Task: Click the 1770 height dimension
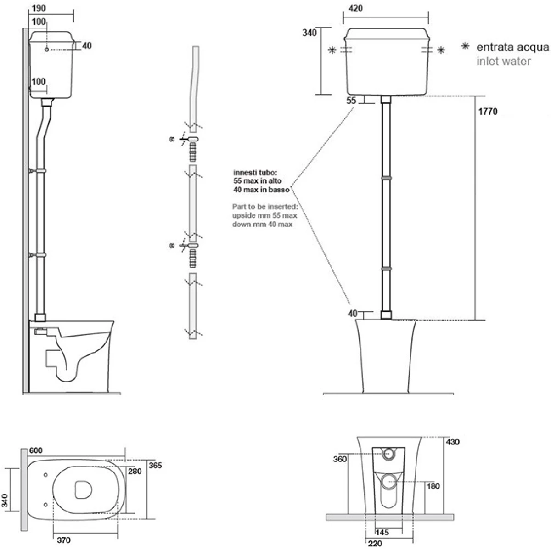(x=487, y=112)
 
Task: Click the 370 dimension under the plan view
(x=64, y=540)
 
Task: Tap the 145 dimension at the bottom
(x=382, y=533)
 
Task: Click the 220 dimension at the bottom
(x=375, y=544)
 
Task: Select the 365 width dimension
(x=155, y=465)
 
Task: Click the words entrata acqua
(x=512, y=47)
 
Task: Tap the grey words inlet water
(x=504, y=61)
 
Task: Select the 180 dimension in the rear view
(x=433, y=486)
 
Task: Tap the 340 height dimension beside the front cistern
(x=309, y=34)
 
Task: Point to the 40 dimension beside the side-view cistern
(x=87, y=45)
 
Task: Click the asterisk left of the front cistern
(x=332, y=51)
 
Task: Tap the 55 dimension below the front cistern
(x=351, y=101)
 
